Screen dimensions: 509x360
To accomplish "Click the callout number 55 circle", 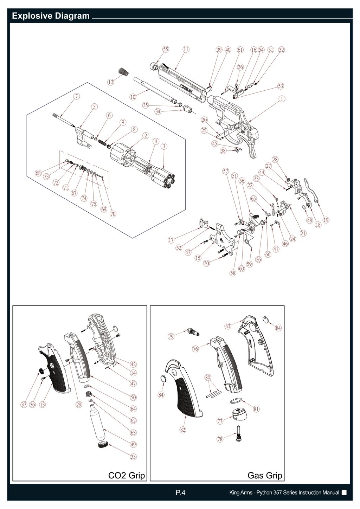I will tap(166, 50).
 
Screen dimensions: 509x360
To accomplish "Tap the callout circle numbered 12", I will tap(111, 82).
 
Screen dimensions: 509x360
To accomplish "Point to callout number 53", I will tap(281, 86).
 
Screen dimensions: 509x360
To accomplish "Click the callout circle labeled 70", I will tap(113, 213).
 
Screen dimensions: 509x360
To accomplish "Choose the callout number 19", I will tap(326, 220).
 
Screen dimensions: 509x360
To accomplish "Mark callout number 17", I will tap(171, 240).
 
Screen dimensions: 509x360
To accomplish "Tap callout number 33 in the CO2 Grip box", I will tap(133, 457).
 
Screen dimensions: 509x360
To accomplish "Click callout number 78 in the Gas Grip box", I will tap(220, 439).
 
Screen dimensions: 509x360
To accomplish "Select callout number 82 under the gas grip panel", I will tap(183, 430).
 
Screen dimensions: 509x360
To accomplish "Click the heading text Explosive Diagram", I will tap(51, 16).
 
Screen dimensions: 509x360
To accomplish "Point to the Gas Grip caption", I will tap(265, 475).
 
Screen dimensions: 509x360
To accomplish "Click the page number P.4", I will tap(180, 493).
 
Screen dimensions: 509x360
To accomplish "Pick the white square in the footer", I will tap(344, 492).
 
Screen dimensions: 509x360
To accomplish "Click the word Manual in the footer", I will tap(331, 493).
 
